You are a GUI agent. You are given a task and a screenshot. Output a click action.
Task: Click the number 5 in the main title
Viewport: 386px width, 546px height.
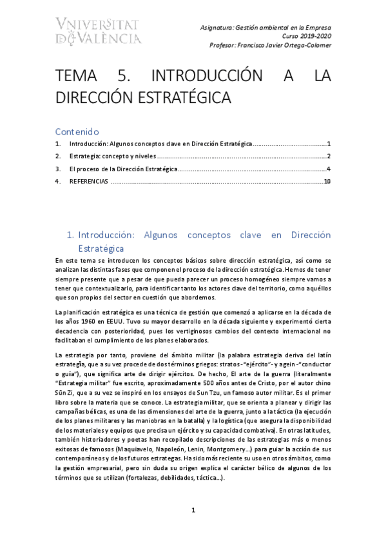tap(123, 77)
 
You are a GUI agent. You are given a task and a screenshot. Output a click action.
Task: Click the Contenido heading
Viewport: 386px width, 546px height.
tap(77, 130)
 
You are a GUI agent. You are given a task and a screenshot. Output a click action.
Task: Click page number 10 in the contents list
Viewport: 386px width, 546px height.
tap(327, 182)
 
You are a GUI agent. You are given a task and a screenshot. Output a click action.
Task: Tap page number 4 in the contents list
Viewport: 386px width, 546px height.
tap(329, 169)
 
